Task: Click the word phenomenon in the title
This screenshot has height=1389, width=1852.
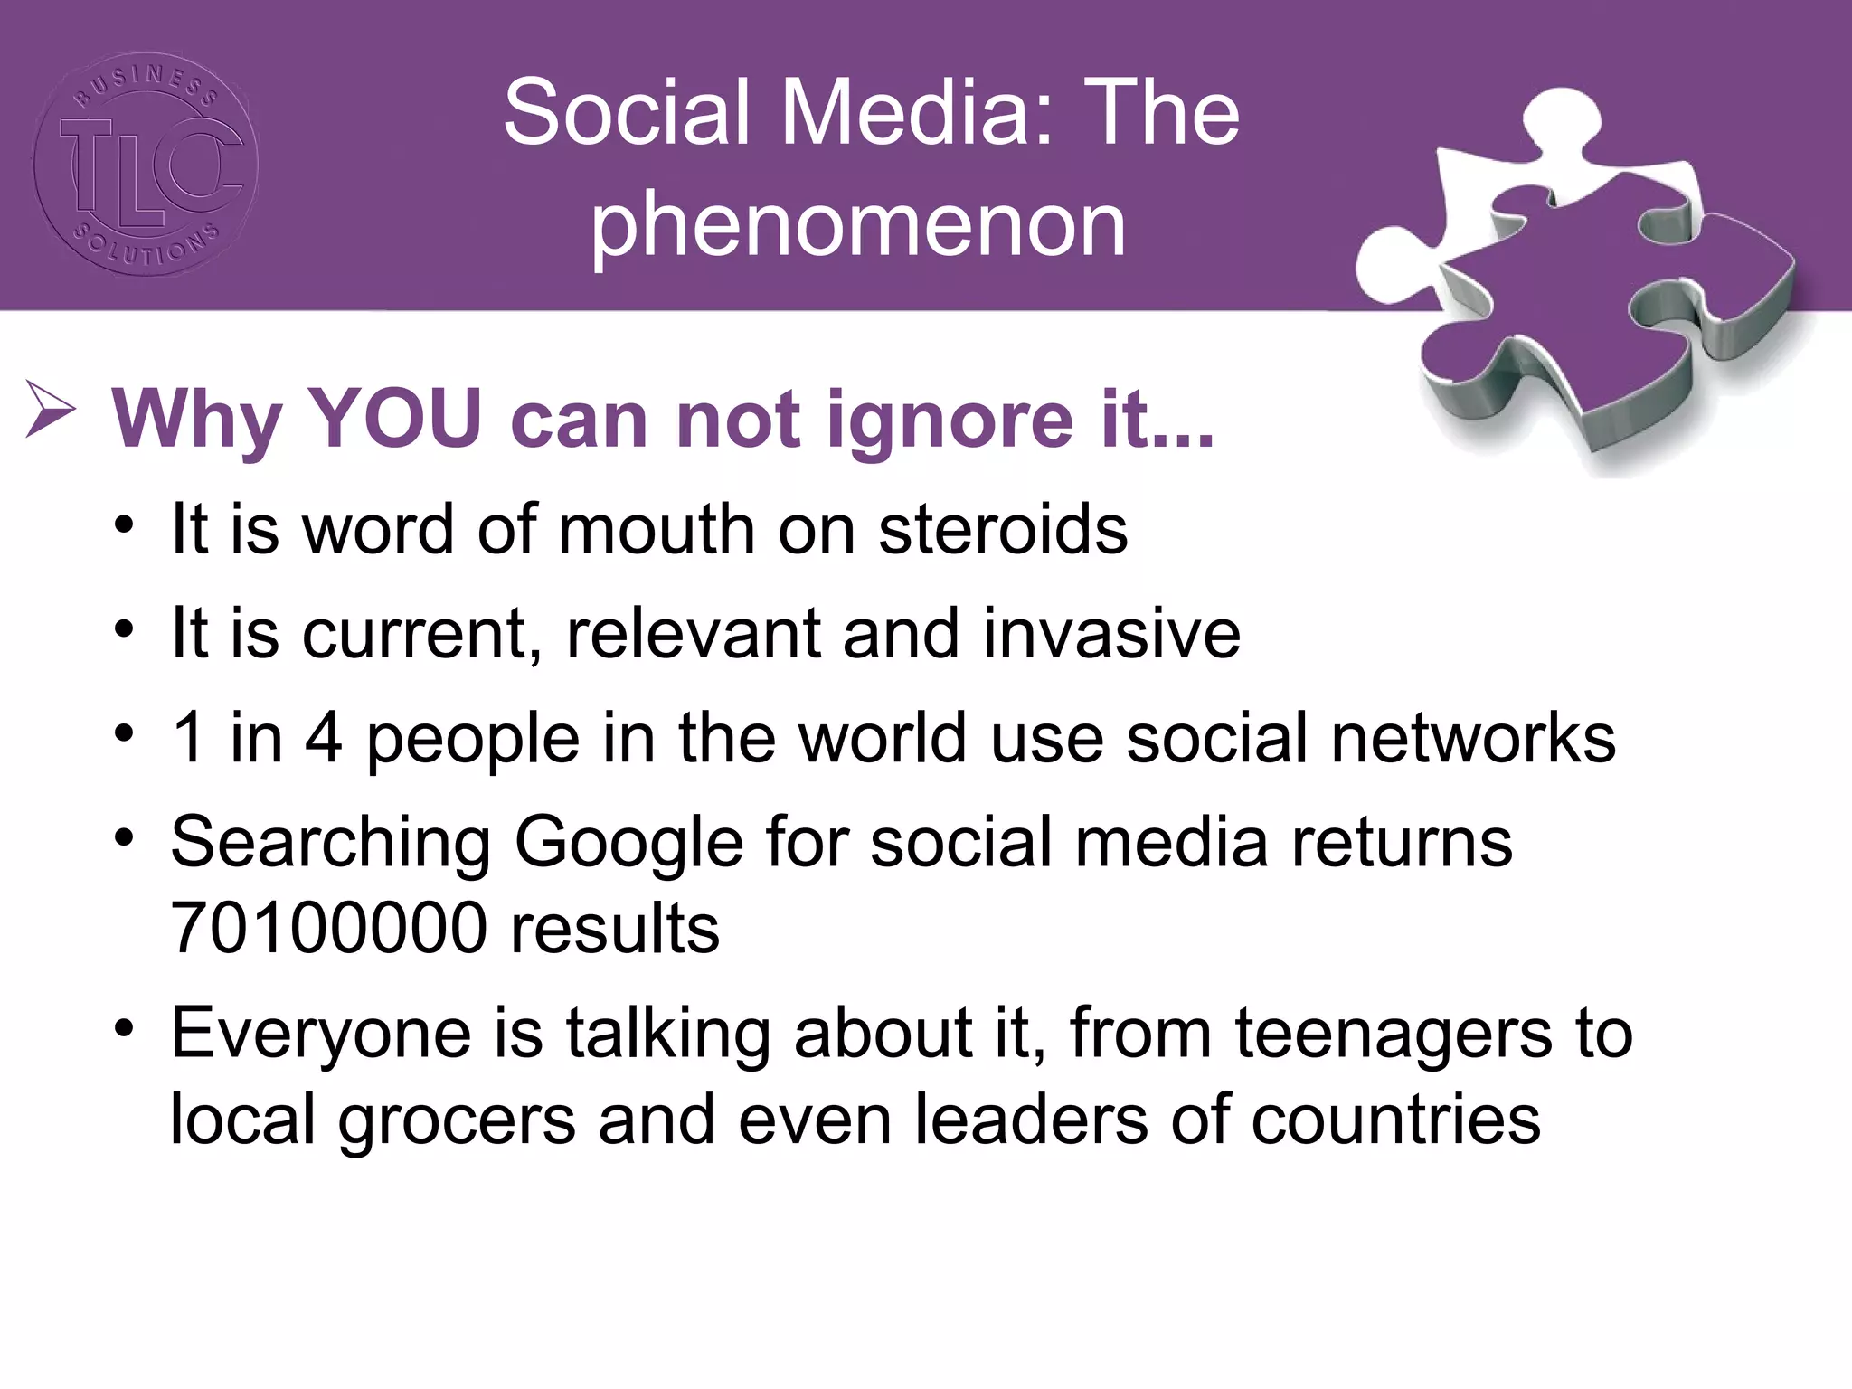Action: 858,225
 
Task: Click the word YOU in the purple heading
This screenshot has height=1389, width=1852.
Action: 394,419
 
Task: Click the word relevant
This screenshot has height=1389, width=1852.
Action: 693,633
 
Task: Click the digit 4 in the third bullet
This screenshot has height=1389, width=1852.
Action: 324,738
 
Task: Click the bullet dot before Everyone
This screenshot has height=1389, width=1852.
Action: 125,1028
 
